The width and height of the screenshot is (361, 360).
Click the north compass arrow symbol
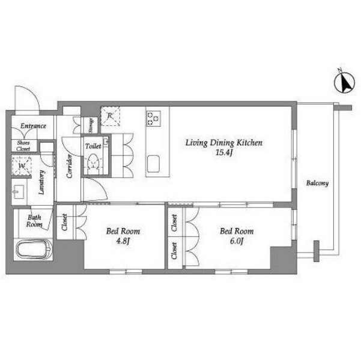[344, 83]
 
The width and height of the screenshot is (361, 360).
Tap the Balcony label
[317, 184]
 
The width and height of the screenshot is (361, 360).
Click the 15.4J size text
[224, 153]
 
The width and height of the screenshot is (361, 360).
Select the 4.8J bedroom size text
[123, 241]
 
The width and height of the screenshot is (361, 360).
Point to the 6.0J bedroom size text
[237, 241]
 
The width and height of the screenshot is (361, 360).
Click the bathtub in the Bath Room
[34, 250]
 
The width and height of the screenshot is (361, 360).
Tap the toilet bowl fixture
[94, 163]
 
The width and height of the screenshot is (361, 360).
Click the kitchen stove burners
[154, 118]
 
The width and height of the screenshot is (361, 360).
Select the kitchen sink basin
[153, 164]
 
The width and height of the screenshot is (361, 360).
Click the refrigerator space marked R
[111, 116]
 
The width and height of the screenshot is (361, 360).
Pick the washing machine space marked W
[22, 166]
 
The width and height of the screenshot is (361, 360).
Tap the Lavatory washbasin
[19, 192]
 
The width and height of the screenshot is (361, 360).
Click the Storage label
[91, 125]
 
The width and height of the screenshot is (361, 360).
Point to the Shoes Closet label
[23, 146]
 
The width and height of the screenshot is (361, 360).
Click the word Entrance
[33, 126]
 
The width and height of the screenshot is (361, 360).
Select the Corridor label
[69, 166]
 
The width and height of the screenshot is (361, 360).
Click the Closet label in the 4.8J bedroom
[64, 222]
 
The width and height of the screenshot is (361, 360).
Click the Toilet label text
[93, 146]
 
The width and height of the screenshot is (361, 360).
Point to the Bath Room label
[34, 221]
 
